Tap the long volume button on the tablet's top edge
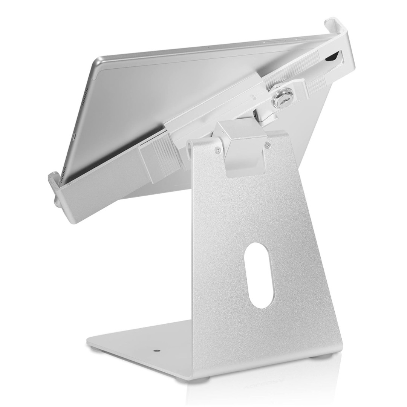pos(273,41)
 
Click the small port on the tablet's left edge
pos(74,135)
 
